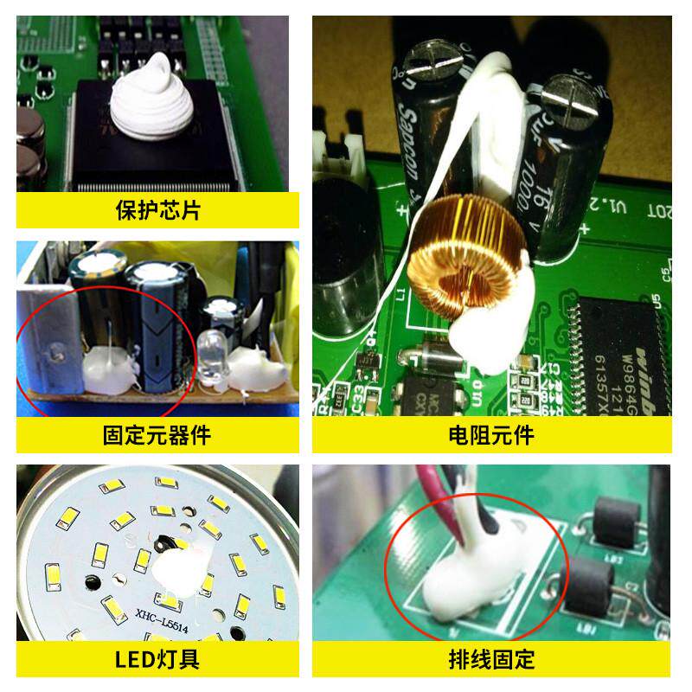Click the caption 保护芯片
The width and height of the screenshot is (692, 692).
(x=157, y=210)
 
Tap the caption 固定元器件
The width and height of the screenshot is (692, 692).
(x=157, y=434)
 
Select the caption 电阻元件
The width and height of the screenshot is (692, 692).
(x=491, y=434)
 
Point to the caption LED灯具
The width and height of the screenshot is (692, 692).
(x=157, y=659)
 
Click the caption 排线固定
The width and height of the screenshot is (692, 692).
(x=491, y=659)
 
